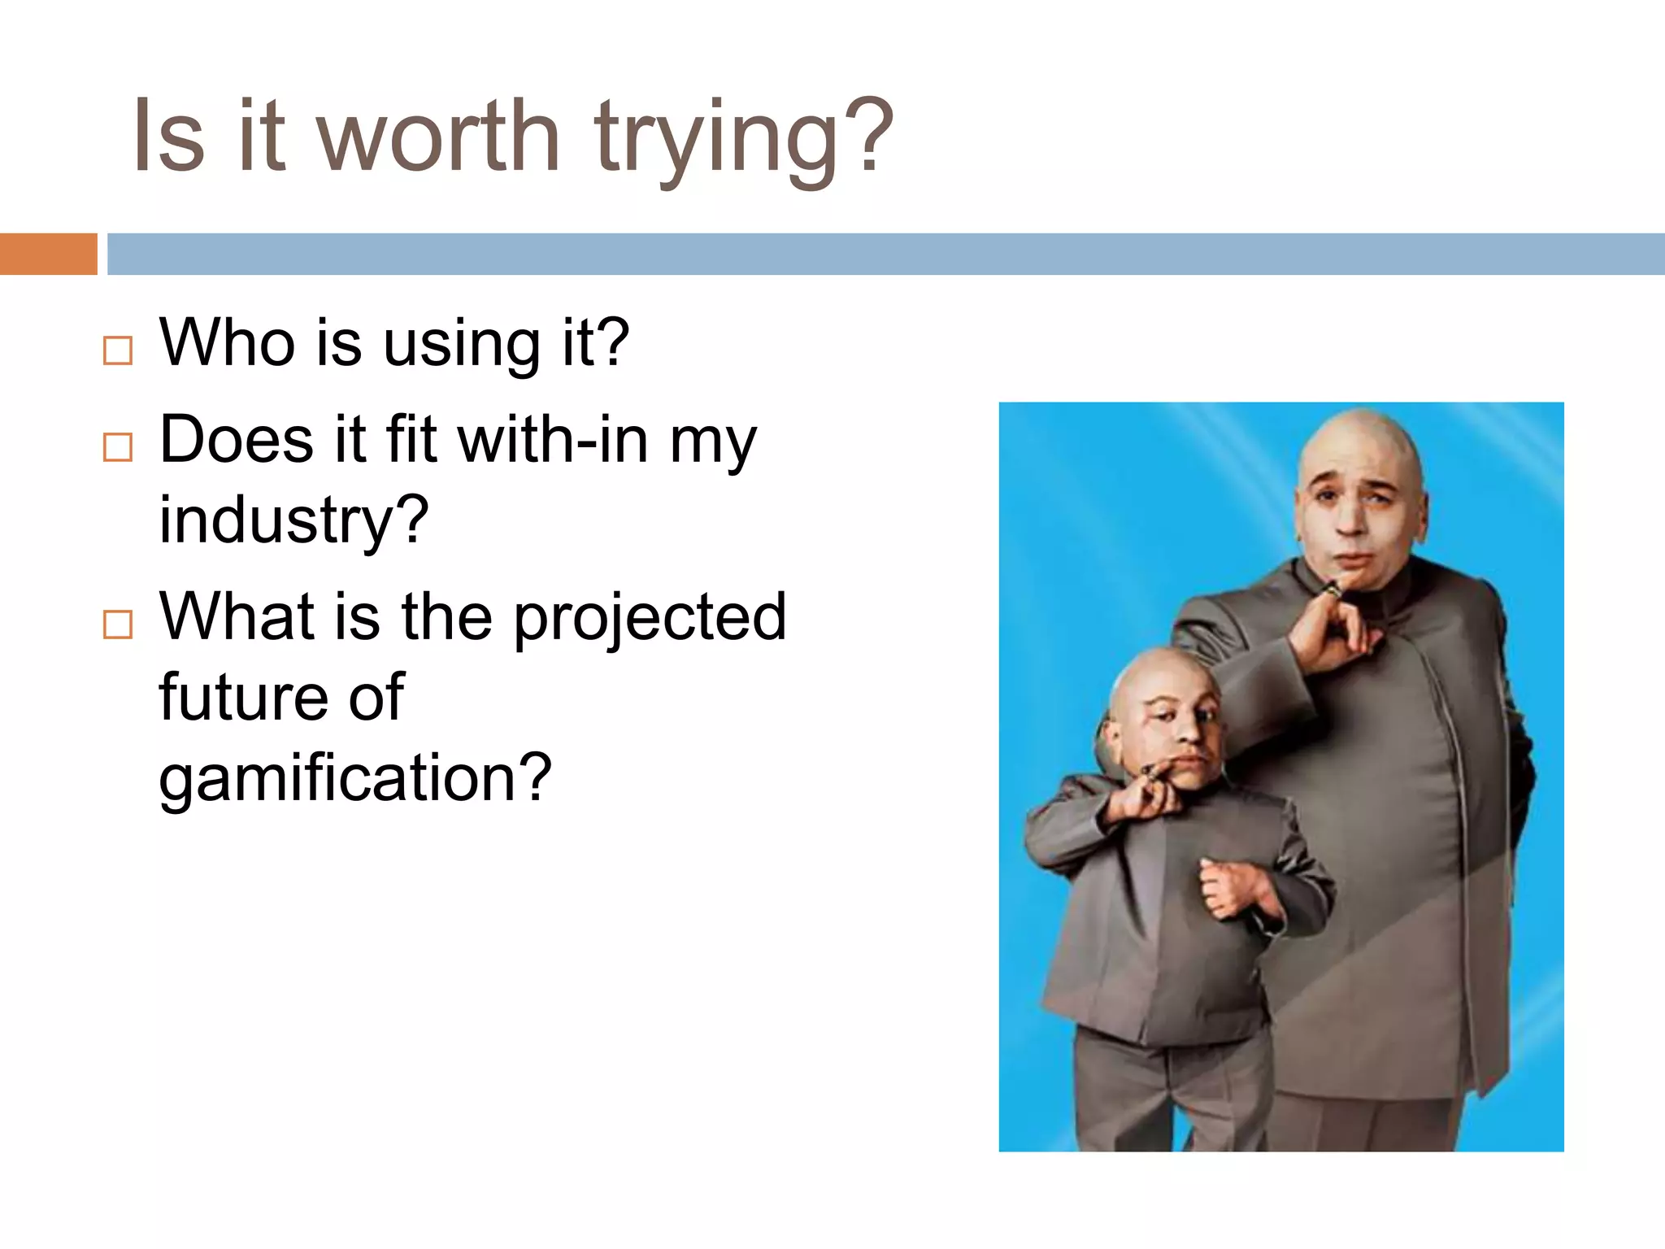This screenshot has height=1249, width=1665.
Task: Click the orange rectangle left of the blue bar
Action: point(48,254)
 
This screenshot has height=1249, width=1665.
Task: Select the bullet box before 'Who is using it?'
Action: point(118,350)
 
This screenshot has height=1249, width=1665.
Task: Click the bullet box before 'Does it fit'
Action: point(118,447)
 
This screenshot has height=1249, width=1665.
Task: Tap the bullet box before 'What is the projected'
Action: point(118,624)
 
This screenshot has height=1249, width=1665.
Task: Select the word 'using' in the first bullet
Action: point(461,346)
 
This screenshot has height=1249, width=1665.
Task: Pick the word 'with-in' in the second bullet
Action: point(553,440)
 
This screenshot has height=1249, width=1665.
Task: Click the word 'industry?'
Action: point(293,520)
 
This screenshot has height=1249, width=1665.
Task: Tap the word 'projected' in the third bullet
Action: point(650,618)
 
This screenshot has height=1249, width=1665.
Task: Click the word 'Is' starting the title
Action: point(167,137)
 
